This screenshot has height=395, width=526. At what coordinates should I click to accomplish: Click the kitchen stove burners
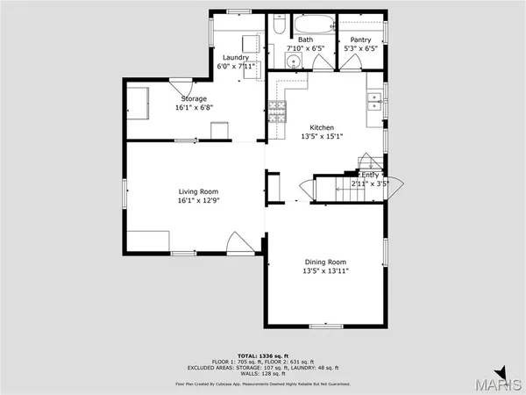[276, 111]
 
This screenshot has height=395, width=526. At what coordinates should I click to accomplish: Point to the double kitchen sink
[375, 99]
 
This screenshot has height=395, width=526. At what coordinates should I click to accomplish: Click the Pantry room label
[360, 40]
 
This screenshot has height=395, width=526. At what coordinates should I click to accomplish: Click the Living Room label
[198, 191]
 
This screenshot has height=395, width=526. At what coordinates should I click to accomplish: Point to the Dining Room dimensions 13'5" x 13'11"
[325, 270]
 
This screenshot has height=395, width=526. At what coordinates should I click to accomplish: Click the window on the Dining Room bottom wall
[325, 326]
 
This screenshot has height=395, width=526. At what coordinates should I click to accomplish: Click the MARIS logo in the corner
[502, 383]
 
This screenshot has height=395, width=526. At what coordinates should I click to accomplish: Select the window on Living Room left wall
[124, 192]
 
